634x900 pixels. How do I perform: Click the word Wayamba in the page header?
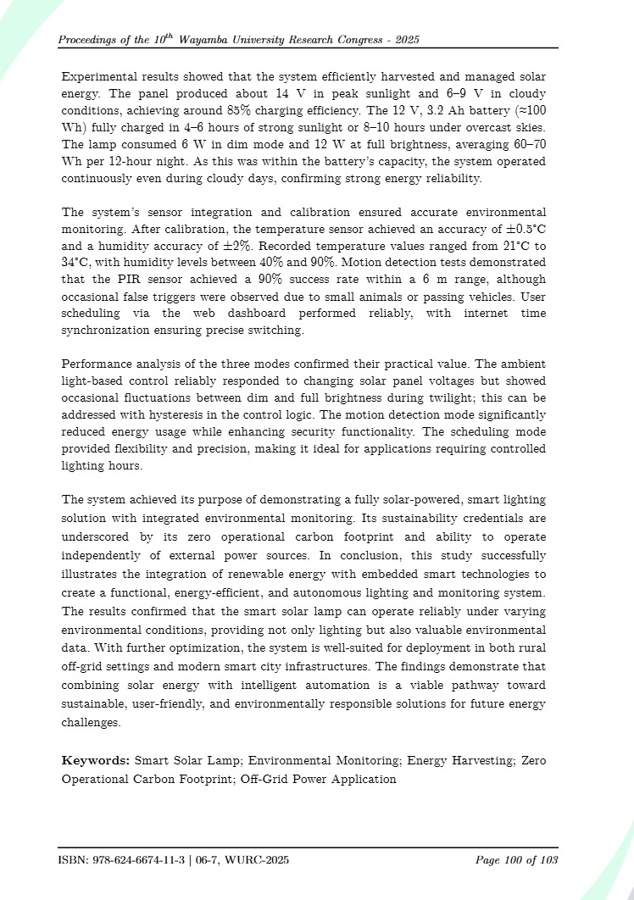tap(220, 41)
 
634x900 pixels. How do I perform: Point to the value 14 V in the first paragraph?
tap(288, 92)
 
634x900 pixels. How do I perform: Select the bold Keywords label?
tap(96, 760)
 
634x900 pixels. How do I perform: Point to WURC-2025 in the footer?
tap(258, 861)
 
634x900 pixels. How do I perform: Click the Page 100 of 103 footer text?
tap(516, 861)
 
